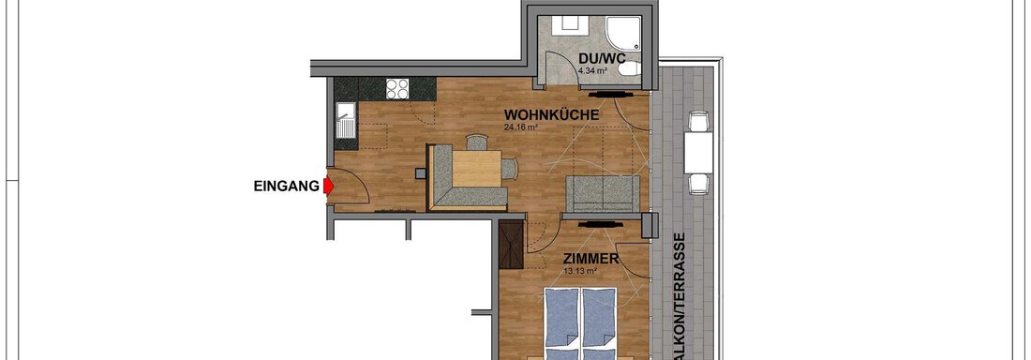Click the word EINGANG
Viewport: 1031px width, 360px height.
point(286,187)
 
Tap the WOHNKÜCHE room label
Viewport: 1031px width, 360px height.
point(552,115)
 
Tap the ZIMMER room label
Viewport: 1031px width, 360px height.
point(591,259)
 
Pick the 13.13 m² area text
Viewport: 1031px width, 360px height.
point(580,271)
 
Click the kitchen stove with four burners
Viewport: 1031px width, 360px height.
point(397,88)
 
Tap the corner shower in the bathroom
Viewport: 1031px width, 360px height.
point(622,33)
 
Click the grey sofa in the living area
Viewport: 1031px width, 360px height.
point(603,193)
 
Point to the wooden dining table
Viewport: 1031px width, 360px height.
point(477,169)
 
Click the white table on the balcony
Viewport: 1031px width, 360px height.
point(698,153)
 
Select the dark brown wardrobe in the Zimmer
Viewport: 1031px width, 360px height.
point(510,244)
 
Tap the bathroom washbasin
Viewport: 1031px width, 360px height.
point(566,26)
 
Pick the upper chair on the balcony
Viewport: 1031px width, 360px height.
point(698,121)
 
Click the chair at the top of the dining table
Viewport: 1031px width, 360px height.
point(477,142)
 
